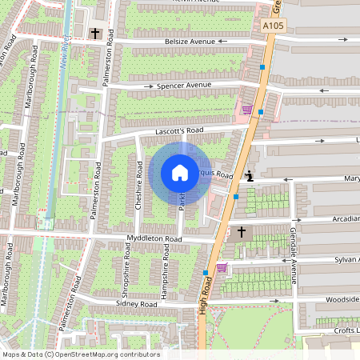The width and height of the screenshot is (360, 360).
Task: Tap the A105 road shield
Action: click(x=273, y=26)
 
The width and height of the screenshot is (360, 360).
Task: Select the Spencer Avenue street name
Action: click(x=183, y=85)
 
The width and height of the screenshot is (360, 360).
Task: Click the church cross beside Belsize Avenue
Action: click(x=95, y=34)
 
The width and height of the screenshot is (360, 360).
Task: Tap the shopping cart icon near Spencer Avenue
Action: click(x=247, y=109)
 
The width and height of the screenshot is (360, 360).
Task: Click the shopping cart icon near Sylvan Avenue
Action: click(x=222, y=268)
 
